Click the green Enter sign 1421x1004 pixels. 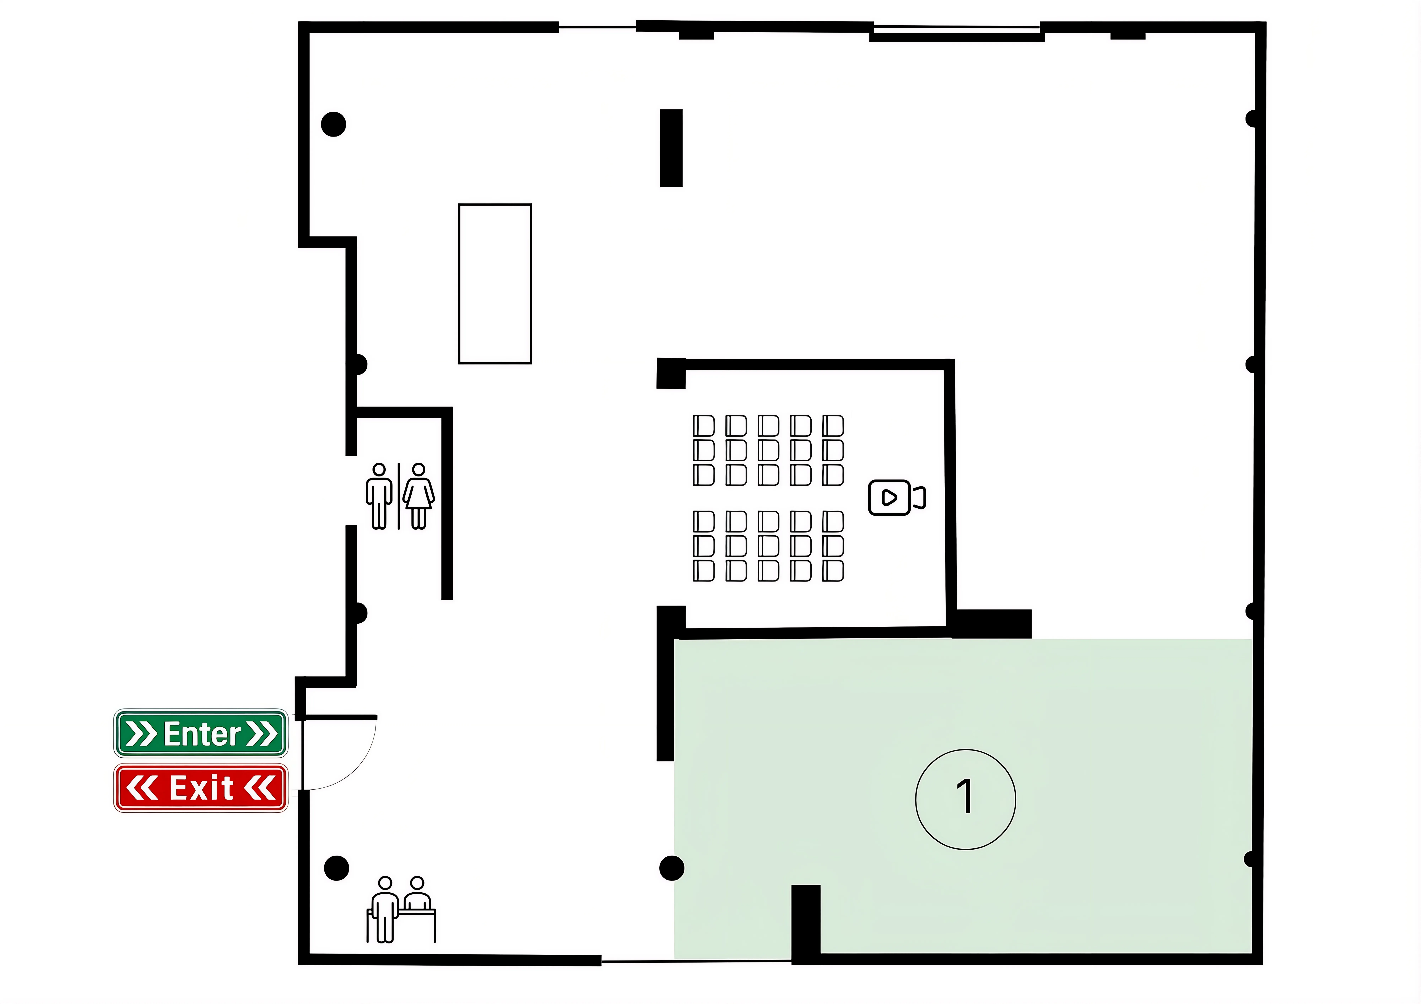(x=201, y=733)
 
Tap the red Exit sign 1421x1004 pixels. (x=201, y=788)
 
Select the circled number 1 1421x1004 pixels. (x=966, y=799)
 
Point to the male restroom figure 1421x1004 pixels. (x=379, y=496)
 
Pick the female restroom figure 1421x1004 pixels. (x=418, y=496)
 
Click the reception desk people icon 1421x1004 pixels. (x=401, y=909)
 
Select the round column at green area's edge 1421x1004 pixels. (x=671, y=868)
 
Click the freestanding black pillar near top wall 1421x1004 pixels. (x=671, y=148)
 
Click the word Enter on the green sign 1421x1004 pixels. (x=202, y=734)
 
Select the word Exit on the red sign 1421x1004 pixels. (x=202, y=788)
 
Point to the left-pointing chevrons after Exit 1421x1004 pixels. (x=260, y=788)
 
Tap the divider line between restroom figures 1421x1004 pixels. (x=399, y=496)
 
